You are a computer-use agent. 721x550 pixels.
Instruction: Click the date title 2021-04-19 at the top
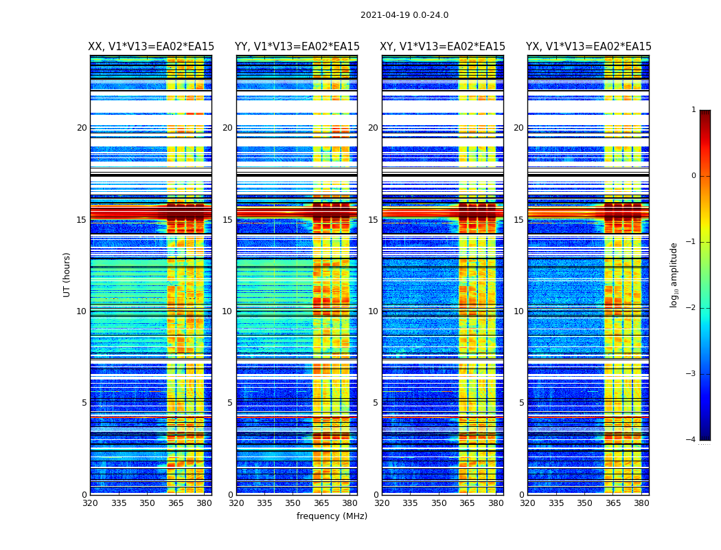tap(404, 15)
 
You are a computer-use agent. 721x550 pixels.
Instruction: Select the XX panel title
tap(151, 47)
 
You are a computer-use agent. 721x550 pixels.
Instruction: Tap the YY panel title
tap(297, 47)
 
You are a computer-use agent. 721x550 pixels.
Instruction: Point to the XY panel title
tap(443, 47)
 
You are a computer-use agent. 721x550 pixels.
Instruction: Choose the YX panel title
tap(588, 47)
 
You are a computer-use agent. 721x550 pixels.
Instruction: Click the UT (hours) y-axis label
tap(67, 274)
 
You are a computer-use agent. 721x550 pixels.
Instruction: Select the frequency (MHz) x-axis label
tap(332, 516)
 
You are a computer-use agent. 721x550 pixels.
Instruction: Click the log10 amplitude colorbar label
tap(674, 274)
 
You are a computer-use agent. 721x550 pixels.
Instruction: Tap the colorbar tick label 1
tap(694, 110)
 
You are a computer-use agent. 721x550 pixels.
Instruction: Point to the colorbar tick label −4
tap(692, 440)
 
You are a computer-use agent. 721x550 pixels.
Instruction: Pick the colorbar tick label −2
tap(692, 308)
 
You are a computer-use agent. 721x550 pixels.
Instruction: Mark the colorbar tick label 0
tap(694, 176)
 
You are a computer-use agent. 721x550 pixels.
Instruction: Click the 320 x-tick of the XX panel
tap(90, 503)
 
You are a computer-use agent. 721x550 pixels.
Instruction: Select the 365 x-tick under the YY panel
tap(321, 503)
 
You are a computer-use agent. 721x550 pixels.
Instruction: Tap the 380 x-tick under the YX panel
tap(641, 503)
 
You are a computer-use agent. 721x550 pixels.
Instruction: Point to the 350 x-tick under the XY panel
tap(439, 503)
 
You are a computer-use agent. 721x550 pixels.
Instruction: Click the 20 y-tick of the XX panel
tap(82, 128)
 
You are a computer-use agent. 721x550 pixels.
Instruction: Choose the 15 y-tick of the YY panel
tap(227, 220)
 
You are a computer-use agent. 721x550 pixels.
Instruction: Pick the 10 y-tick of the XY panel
tap(373, 311)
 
